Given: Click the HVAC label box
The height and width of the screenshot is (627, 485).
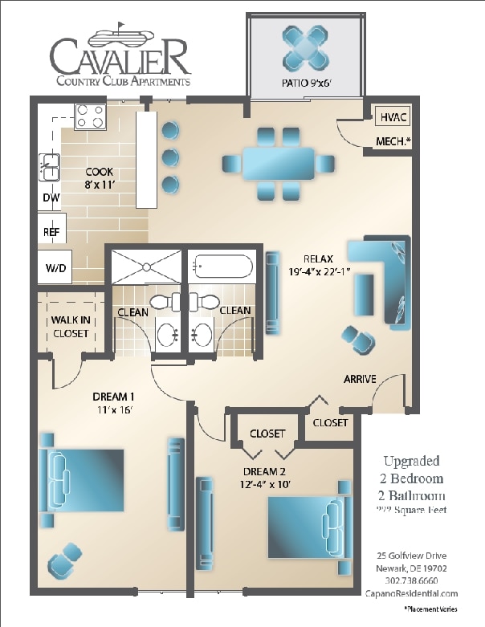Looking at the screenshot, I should pos(392,117).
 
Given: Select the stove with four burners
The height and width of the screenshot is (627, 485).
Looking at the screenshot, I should pos(91,117).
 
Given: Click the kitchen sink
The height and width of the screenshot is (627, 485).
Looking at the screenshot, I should pos(50,167).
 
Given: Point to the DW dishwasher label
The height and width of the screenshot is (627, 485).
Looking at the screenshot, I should pos(50,197).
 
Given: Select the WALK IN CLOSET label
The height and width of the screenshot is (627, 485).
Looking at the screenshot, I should pos(71,327).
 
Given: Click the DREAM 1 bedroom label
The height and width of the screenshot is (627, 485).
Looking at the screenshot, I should pos(112,403).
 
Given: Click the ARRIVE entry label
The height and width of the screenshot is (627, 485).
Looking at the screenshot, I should pos(360,379).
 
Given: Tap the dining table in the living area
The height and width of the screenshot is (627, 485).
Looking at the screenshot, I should pos(279,163).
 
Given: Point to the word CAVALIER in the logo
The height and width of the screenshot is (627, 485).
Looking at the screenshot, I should pos(120,58).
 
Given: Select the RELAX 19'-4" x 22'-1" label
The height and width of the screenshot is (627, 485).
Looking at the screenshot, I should pos(320,265).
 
